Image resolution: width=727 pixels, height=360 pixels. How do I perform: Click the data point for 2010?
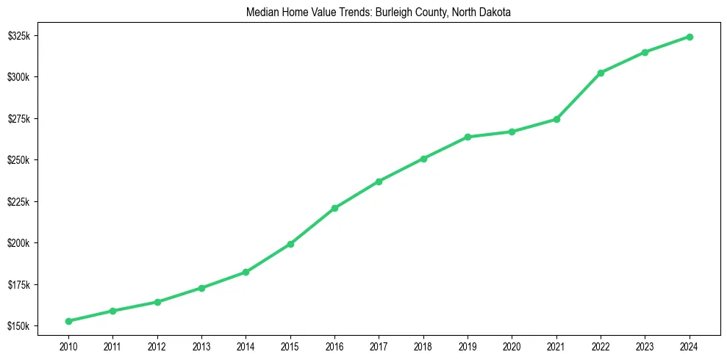click(68, 321)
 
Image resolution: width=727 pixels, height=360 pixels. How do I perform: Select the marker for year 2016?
click(334, 208)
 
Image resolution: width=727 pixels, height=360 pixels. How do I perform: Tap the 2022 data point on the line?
click(601, 73)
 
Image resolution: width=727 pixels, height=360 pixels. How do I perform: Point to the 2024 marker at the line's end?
click(690, 37)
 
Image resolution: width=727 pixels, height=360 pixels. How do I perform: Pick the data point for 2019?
click(468, 137)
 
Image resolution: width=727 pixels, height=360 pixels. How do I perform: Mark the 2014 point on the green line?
click(246, 272)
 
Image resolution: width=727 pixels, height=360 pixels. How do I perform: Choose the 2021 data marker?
click(556, 119)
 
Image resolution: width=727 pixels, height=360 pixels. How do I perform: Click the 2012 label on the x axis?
click(157, 345)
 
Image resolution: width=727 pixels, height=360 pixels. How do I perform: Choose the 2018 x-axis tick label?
click(423, 345)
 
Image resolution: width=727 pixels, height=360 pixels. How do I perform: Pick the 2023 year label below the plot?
click(645, 345)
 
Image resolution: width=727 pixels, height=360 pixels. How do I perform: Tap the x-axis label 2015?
click(290, 345)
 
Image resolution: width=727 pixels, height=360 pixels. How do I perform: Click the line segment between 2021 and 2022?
click(579, 96)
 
